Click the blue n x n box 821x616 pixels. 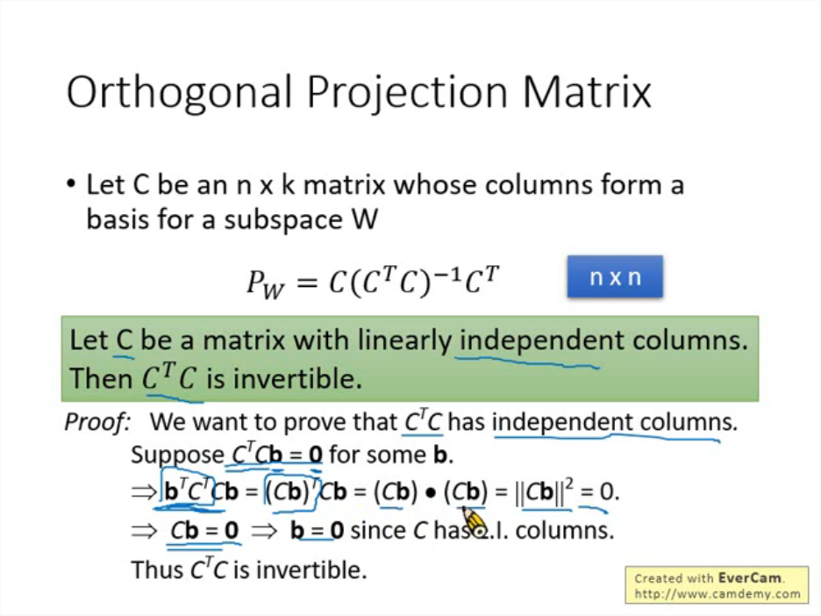coord(615,277)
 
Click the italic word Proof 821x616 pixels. coord(96,422)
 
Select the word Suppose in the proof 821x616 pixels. coord(177,455)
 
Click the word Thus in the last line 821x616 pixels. coord(156,569)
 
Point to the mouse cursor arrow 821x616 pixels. coord(473,523)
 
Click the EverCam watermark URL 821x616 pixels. coord(717,594)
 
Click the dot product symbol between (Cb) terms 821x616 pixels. coord(430,493)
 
